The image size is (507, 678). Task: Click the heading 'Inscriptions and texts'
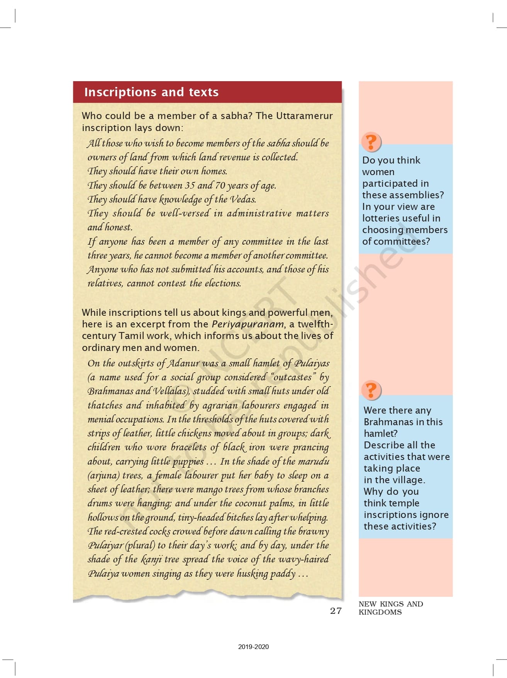(151, 92)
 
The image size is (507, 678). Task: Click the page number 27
(336, 610)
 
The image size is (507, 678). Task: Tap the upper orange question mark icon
(371, 142)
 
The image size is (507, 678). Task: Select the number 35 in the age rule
(190, 185)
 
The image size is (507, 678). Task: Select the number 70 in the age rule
(220, 185)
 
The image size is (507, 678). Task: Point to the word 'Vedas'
(243, 199)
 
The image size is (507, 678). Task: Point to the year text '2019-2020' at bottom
(253, 647)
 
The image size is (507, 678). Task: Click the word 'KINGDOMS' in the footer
(380, 612)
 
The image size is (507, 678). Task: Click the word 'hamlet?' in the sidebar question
(380, 433)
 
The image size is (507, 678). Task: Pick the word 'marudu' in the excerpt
(314, 461)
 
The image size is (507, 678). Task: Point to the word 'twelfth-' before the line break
(315, 324)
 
